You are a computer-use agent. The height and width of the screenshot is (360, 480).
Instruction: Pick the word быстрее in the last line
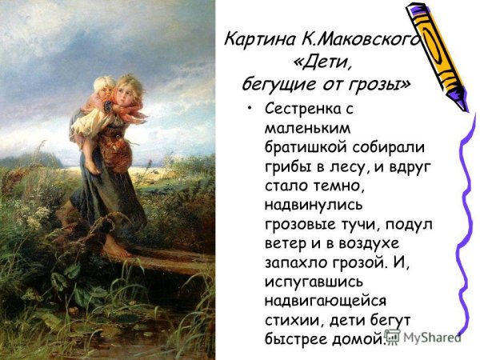293,339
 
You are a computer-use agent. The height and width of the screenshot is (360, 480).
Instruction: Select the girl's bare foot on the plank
115,250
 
